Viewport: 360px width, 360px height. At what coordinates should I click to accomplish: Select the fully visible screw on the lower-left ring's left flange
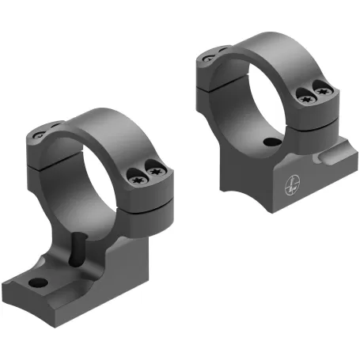(x=39, y=138)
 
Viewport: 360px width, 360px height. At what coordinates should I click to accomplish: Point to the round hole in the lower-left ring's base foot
(x=36, y=281)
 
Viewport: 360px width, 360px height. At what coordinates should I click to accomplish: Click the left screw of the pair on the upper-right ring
(x=305, y=97)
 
